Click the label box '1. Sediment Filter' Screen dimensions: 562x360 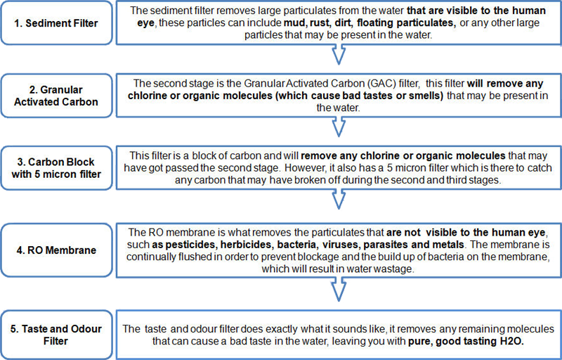[56, 23]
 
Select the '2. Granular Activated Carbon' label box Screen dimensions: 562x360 [56, 96]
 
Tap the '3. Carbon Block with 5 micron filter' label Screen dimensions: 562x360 [56, 168]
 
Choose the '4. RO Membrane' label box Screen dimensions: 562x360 [56, 250]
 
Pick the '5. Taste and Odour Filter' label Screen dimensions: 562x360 [56, 335]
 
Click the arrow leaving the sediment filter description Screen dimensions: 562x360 [339, 55]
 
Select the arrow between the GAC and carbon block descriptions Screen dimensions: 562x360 [339, 127]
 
